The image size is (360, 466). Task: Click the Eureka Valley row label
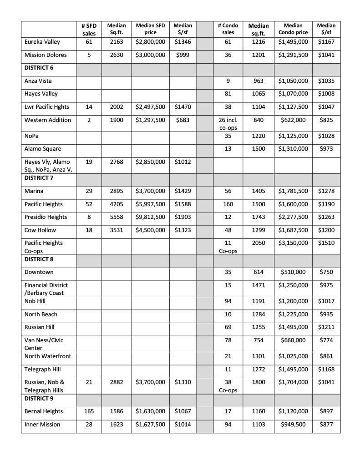(42, 42)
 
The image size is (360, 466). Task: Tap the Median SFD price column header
(150, 29)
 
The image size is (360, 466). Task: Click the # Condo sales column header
(228, 29)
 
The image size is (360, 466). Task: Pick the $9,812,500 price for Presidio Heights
(150, 217)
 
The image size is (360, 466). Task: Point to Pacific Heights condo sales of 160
(228, 204)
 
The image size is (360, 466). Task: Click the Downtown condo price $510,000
(293, 272)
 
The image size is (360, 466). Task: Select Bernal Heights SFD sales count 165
(89, 411)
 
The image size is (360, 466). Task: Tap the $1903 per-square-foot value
(183, 217)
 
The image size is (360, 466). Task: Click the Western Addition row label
(47, 120)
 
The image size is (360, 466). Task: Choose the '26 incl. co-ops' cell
(228, 124)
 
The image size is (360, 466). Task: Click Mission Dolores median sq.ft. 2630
(117, 55)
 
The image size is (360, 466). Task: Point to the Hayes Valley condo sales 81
(228, 94)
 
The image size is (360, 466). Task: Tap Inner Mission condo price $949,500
(293, 425)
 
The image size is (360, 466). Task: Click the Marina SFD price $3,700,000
(150, 191)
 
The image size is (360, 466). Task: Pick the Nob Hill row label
(36, 301)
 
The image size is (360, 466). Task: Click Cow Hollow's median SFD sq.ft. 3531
(117, 230)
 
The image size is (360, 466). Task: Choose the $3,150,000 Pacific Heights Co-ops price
(293, 243)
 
